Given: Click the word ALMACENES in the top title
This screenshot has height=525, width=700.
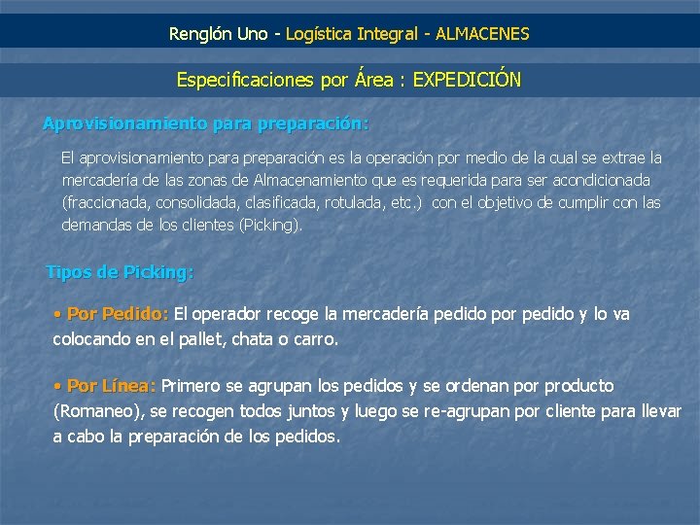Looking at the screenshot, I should click(x=482, y=34).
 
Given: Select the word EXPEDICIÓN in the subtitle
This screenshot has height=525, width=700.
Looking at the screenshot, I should click(x=467, y=80).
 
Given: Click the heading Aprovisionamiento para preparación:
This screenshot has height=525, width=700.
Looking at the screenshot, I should click(x=205, y=124).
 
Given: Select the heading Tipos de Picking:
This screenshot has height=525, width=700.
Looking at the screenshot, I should click(x=120, y=272).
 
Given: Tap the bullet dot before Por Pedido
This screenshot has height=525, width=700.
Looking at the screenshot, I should click(x=58, y=315).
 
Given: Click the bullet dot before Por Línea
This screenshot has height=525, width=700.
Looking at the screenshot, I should click(x=58, y=387).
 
